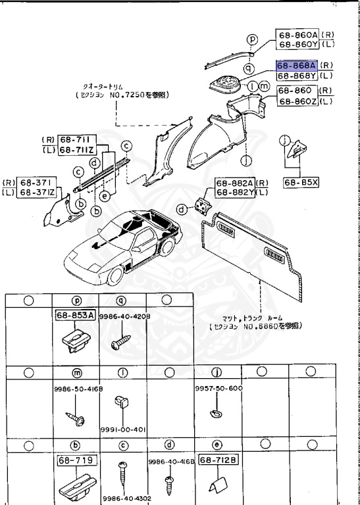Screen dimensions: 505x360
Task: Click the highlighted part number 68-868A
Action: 297,66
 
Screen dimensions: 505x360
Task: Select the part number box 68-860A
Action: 297,35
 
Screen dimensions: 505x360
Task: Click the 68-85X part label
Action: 301,183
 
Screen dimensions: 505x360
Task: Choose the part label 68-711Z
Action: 78,151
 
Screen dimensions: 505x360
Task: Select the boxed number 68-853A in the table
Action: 74,316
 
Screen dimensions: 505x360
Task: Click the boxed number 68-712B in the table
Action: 218,461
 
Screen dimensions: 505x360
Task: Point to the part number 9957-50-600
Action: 219,389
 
